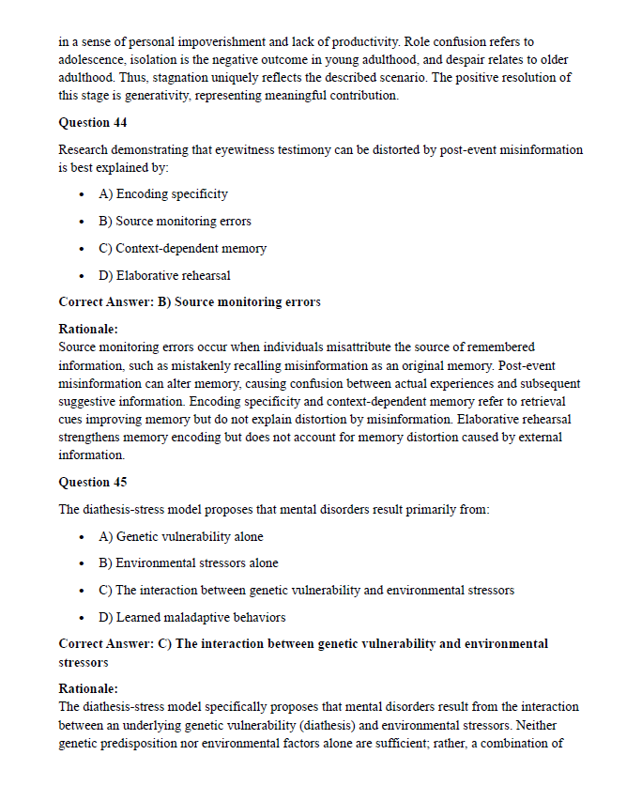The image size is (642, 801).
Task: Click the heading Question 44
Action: [x=93, y=123]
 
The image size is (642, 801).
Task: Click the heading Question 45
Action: [x=93, y=483]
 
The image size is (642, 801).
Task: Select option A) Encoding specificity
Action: [x=162, y=194]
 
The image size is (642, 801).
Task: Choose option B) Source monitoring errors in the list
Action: [x=175, y=222]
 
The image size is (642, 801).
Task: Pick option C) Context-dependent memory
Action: [x=182, y=249]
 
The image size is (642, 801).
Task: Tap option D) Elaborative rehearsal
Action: [x=164, y=276]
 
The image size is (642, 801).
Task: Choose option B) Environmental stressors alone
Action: [x=188, y=563]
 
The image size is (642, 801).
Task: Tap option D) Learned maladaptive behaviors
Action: [x=191, y=618]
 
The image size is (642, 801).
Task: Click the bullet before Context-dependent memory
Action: [x=84, y=249]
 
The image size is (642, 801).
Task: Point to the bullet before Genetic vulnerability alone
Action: [x=84, y=537]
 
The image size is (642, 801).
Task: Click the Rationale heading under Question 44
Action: [x=88, y=330]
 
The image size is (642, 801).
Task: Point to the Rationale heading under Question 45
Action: [x=88, y=689]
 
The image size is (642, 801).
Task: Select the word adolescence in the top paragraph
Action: [x=91, y=59]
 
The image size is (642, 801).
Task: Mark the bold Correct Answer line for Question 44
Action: [x=190, y=302]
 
